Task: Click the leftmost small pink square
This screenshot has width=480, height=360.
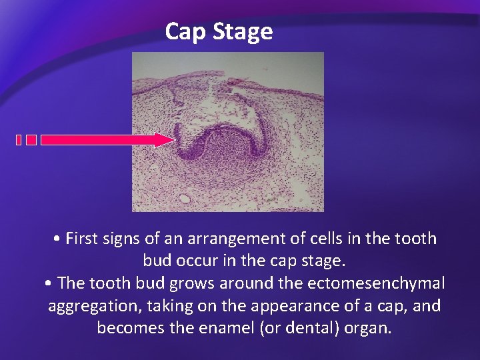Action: click(x=19, y=140)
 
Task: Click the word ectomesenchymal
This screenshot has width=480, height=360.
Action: click(x=376, y=283)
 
